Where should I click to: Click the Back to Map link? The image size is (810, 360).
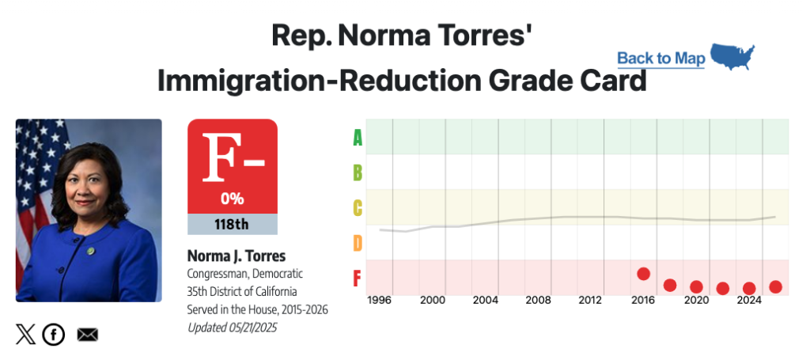[660, 58]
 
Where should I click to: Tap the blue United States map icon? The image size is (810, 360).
[732, 56]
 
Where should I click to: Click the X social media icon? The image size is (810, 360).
[25, 335]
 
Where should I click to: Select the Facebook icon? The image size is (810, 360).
[53, 335]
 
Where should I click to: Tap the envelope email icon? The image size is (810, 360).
[87, 335]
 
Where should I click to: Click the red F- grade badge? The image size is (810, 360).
[232, 165]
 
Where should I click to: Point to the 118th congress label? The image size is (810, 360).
[232, 224]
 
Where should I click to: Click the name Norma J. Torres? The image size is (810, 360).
[236, 256]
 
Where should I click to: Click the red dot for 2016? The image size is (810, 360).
[643, 274]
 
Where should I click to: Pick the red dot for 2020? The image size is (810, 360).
[696, 287]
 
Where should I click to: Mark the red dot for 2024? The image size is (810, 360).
[749, 288]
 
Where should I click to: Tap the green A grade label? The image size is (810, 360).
[358, 138]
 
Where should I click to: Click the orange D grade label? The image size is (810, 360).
[358, 242]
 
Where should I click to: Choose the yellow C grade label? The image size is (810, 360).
[358, 208]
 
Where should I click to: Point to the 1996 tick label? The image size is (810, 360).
[380, 301]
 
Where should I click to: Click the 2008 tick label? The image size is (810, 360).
[538, 301]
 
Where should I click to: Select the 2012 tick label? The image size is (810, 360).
[590, 301]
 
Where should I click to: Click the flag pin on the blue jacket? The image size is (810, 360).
[90, 251]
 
